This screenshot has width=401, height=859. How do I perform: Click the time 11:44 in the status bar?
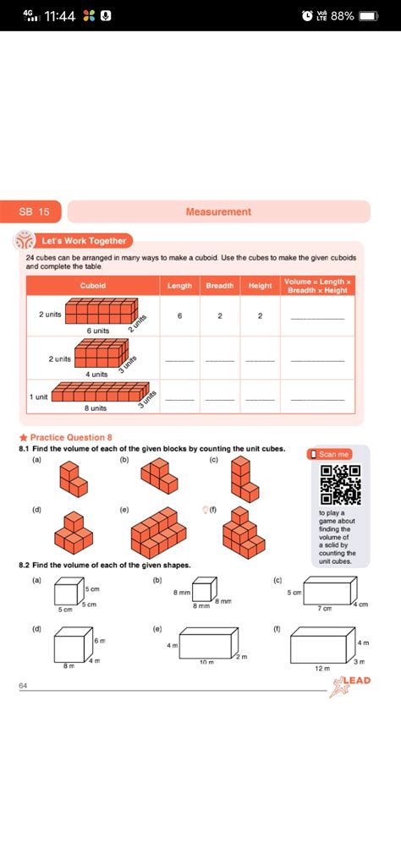60,16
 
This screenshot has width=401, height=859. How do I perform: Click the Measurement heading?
218,211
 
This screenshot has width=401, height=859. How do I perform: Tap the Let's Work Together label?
83,241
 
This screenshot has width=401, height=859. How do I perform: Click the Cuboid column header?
93,286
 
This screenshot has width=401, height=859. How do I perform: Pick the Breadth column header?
220,286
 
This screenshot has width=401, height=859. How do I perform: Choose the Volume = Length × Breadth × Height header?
317,286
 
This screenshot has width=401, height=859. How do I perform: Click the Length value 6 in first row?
179,315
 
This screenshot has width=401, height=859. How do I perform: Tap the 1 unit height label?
39,396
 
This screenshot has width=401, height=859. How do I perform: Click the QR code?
341,485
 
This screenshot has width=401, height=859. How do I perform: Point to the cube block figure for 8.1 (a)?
72,480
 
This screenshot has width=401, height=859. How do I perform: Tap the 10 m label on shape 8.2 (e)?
206,662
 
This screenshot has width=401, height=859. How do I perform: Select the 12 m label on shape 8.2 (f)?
321,667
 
